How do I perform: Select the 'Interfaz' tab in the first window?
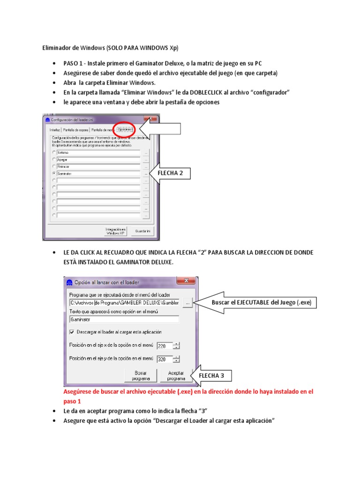tap(55, 130)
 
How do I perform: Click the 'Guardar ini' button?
tap(142, 231)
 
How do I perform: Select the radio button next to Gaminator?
tap(54, 173)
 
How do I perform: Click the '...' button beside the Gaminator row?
tap(146, 173)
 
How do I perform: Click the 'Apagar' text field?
tap(97, 159)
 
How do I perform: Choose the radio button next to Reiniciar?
tap(54, 166)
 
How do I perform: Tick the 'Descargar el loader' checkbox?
tap(72, 331)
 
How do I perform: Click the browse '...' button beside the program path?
tap(187, 303)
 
